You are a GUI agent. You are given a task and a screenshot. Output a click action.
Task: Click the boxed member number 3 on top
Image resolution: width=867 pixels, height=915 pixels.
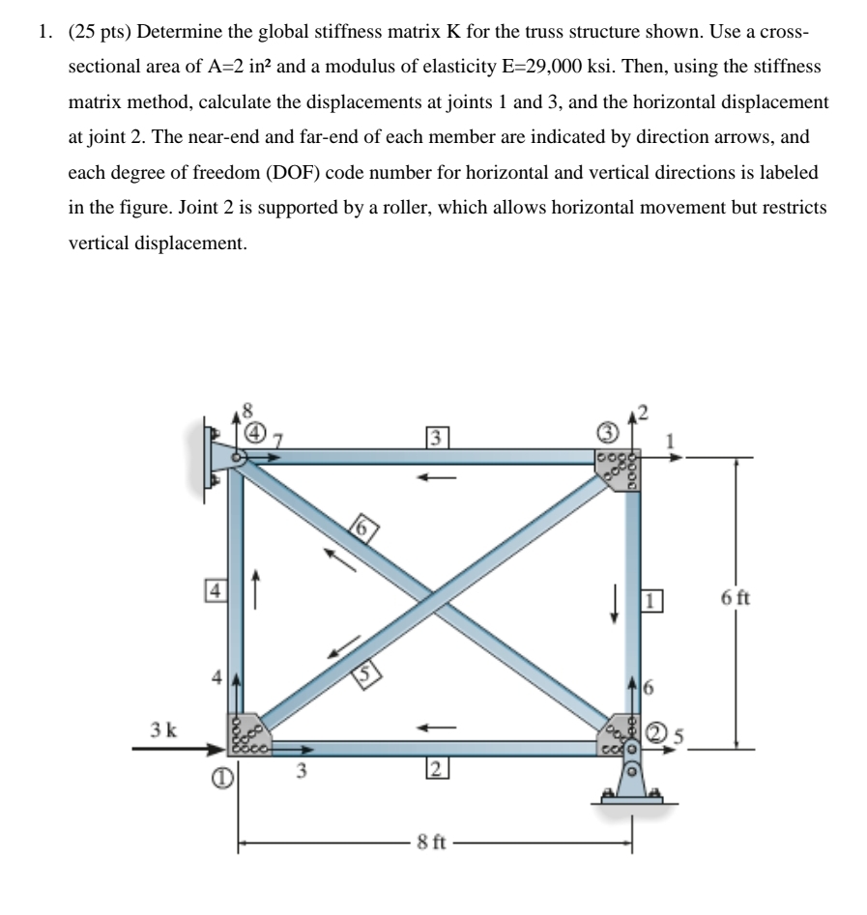click(x=436, y=437)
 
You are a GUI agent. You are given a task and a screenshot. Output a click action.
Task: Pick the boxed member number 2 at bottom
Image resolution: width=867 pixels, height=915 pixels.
click(x=436, y=770)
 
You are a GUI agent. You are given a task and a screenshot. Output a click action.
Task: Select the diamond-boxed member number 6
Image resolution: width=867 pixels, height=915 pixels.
click(x=363, y=529)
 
